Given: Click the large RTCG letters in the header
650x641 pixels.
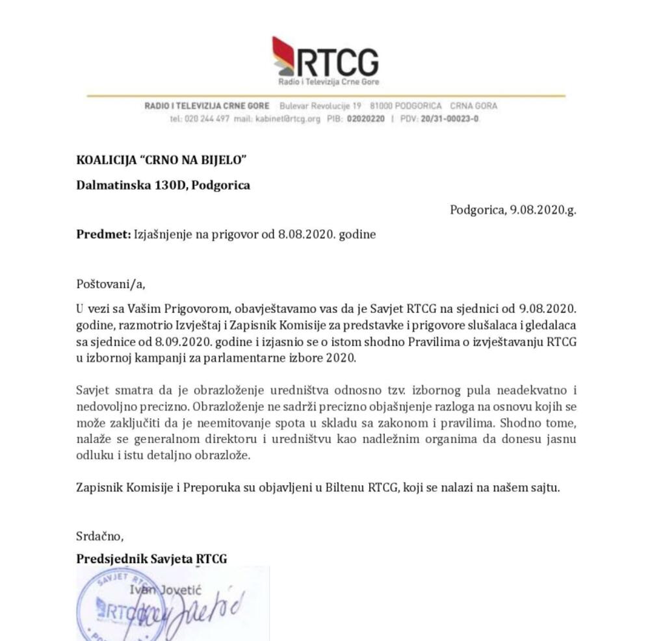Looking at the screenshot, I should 338,63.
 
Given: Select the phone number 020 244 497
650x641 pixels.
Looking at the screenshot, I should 207,119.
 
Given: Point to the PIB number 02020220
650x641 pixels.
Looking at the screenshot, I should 365,119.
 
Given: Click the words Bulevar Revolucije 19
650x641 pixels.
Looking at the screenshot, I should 320,106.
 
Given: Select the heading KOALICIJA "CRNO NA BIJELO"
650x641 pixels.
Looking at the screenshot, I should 162,160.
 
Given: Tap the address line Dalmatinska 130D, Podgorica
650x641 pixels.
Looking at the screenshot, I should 163,185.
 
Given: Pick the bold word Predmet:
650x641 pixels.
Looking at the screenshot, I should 103,234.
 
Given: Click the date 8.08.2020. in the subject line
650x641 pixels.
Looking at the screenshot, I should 300,234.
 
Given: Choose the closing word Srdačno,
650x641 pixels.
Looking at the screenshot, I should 99,536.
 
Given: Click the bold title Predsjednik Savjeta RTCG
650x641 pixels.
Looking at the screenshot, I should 151,559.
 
